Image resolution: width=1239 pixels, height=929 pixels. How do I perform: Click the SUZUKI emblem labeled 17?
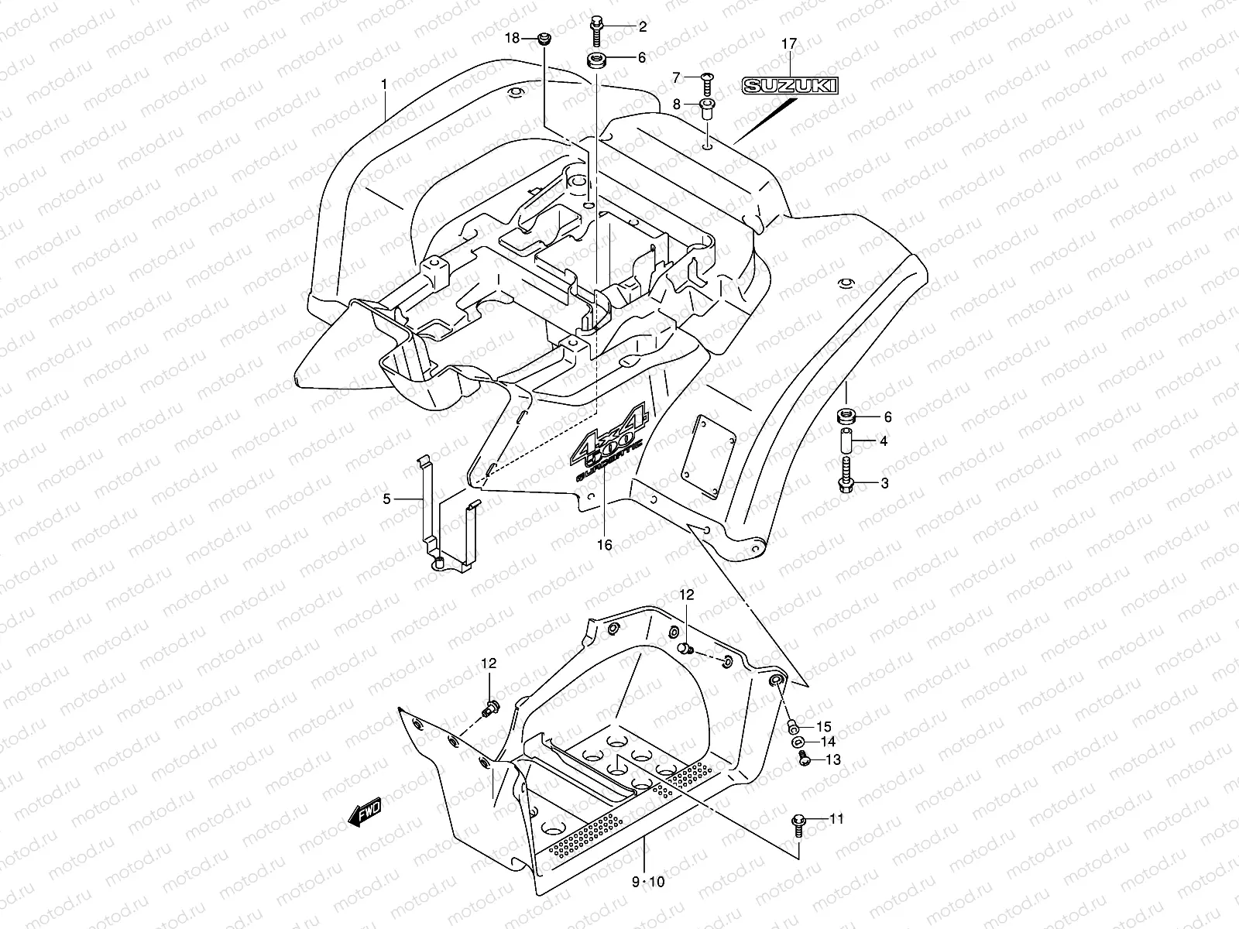point(788,86)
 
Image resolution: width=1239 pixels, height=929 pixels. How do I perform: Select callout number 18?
point(511,38)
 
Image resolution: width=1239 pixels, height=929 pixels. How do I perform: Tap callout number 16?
point(604,545)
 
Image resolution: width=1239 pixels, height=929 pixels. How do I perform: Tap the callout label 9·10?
point(648,881)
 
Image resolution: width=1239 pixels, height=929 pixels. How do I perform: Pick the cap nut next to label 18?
point(544,39)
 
